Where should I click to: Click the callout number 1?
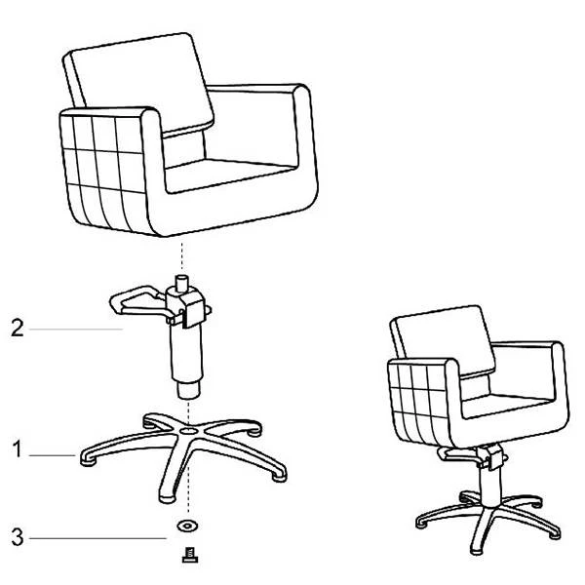coord(17,448)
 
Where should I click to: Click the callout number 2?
coord(18,328)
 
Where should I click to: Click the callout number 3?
coord(18,537)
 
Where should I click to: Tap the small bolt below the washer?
coord(190,555)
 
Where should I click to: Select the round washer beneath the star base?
coord(187,526)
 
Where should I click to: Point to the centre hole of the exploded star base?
coord(188,432)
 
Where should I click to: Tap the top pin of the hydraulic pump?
coord(181,284)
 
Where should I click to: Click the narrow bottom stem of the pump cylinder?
coord(188,390)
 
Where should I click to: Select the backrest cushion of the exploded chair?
coord(141,82)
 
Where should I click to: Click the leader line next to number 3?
coord(97,538)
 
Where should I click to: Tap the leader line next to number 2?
coord(76,329)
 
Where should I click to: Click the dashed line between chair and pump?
coord(182,255)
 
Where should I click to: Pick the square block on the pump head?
coord(195,308)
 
